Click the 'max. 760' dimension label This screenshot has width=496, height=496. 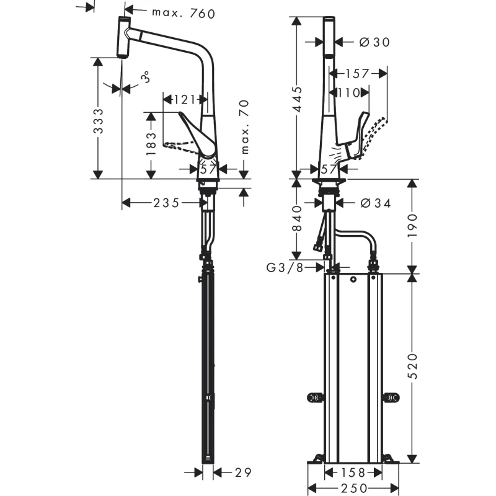[184, 13]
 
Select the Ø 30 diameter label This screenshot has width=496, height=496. [375, 42]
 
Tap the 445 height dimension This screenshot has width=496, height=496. [298, 100]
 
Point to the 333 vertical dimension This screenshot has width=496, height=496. [99, 121]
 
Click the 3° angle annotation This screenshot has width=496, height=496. [145, 77]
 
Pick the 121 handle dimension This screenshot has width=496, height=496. [184, 100]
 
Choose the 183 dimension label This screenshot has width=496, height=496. [151, 144]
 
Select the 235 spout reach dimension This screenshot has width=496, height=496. [166, 203]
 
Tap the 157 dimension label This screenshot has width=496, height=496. [357, 74]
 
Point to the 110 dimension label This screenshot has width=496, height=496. [349, 92]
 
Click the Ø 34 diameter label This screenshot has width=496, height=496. [376, 203]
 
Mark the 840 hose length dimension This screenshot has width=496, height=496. [298, 218]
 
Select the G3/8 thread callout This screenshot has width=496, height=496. [285, 268]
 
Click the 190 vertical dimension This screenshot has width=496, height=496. [412, 226]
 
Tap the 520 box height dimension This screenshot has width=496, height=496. [412, 366]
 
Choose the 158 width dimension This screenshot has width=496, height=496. [353, 472]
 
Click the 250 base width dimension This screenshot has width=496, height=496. [354, 489]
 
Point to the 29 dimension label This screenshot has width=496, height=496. [243, 472]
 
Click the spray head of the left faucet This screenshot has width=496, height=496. [124, 37]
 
